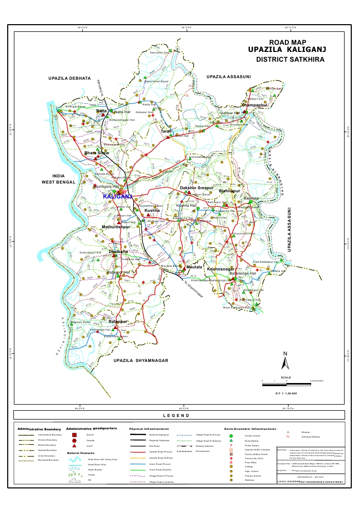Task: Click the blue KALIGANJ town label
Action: click(118, 196)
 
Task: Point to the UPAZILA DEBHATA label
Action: click(69, 78)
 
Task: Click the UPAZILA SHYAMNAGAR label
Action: click(141, 361)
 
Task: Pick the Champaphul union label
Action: click(255, 105)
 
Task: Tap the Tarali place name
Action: click(166, 132)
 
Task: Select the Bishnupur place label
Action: click(229, 191)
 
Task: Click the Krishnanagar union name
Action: click(221, 269)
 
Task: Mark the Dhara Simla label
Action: click(97, 153)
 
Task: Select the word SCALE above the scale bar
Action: click(286, 377)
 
